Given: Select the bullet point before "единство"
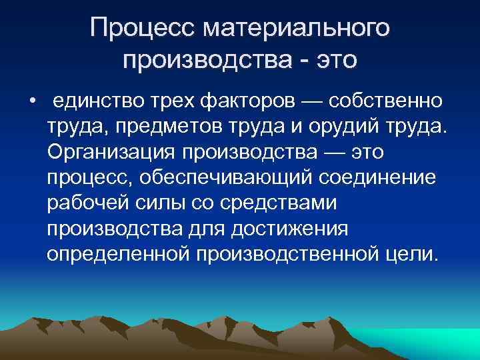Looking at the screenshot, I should click(31, 102).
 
